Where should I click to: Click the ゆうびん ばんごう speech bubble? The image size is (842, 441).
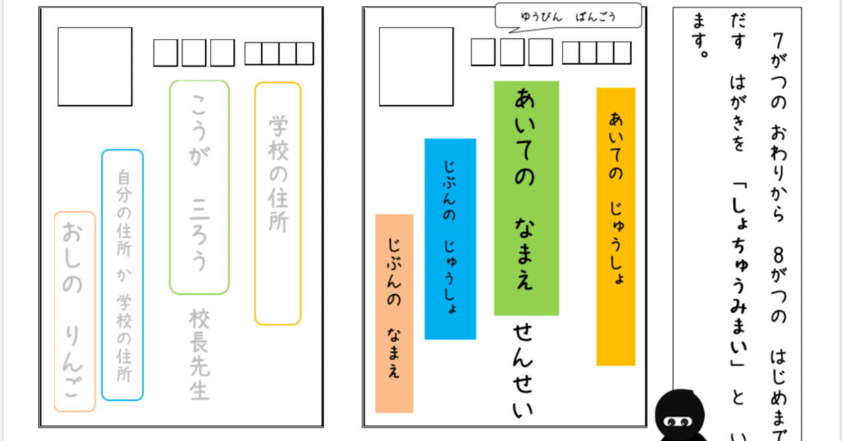568,16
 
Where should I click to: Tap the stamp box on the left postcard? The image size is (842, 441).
95,66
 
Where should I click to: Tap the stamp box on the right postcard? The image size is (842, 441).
416,66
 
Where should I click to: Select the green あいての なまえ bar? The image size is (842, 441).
526,198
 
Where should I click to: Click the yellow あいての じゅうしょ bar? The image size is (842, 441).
616,226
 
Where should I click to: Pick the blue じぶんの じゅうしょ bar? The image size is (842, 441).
450,239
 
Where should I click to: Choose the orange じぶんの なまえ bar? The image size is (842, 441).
394,313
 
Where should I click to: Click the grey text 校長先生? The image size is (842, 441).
199,354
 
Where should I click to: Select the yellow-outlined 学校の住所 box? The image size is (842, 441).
278,203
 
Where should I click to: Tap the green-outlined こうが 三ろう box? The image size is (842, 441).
199,188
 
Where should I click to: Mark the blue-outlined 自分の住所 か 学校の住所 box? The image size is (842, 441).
122,275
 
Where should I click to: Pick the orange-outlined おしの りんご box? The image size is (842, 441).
74,311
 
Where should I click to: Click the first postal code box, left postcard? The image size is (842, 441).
165,53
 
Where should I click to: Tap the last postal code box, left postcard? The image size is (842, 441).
305,53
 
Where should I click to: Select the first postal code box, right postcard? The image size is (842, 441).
483,52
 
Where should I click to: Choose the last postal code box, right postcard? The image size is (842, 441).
622,53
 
